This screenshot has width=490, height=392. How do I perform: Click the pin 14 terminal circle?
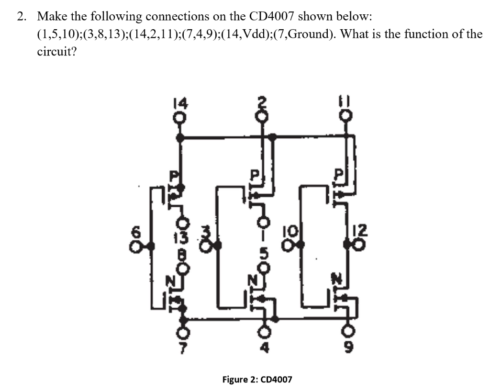(180, 118)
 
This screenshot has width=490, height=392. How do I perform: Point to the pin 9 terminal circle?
(350, 332)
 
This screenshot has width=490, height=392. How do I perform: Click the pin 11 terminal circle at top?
(348, 116)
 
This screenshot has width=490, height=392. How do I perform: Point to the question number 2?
(21, 16)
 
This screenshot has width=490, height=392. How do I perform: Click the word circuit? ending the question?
(56, 51)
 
